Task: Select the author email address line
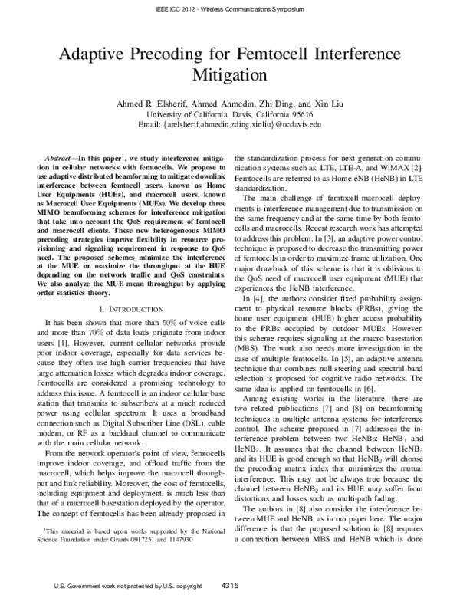(x=229, y=123)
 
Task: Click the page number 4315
(x=229, y=585)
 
